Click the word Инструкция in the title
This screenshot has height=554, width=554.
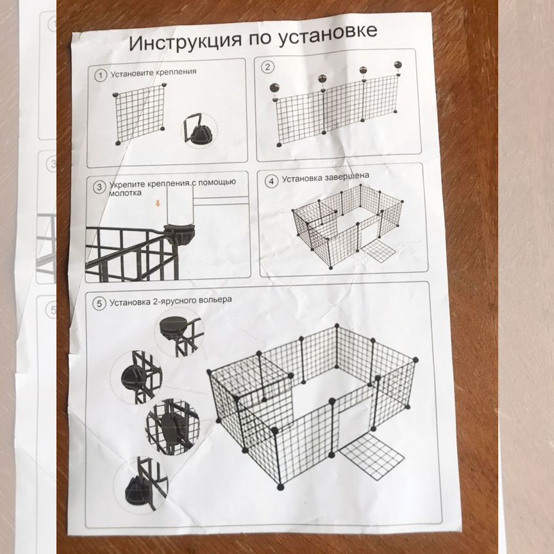pos(186,41)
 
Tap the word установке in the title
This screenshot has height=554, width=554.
pos(328,34)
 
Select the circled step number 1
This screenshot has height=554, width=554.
pos(100,75)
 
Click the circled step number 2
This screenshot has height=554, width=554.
pos(267,67)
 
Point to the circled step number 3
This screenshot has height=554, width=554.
pos(99,187)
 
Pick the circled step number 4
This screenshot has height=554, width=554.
pos(271,181)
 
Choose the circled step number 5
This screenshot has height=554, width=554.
pos(99,303)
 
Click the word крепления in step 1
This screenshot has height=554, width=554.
pos(176,72)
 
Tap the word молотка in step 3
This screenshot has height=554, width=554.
pos(120,193)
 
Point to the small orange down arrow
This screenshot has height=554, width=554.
pos(158,203)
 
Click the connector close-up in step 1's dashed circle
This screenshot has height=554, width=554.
pos(200,130)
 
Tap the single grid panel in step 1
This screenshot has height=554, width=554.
pos(140,113)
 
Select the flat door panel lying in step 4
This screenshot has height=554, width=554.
pos(378,251)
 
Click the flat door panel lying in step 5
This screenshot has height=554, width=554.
pos(372,456)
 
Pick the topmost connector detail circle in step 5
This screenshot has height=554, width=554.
pos(179,332)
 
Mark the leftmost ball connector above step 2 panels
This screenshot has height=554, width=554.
pos(274,88)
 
